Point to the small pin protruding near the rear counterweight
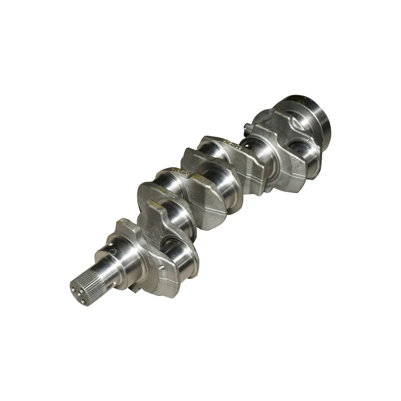[x=247, y=126]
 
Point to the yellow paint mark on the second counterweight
[x=151, y=202]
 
